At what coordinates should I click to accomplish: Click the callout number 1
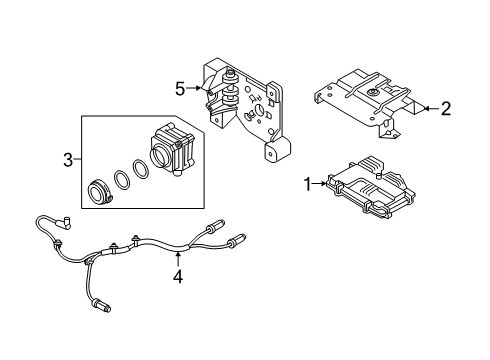coord(308,184)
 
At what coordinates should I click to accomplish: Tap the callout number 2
coord(446,109)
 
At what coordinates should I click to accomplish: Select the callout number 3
coord(68,160)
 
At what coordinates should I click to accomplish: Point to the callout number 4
coord(178,276)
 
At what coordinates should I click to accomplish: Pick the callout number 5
coord(180,89)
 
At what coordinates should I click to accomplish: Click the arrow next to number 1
coord(320,183)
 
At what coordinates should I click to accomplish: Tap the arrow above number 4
coord(179,259)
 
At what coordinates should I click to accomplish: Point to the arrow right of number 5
coord(194,88)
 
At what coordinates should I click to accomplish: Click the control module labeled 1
coord(371,187)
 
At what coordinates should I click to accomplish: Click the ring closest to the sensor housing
coord(141,169)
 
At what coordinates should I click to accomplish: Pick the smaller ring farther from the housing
coord(122,180)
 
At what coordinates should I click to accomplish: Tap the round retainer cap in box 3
coord(99,192)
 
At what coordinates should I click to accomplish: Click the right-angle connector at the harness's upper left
coord(67,222)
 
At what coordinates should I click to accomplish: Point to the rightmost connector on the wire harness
coord(237,240)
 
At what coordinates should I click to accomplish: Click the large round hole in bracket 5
coord(259,110)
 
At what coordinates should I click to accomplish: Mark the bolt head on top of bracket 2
coord(371,92)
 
